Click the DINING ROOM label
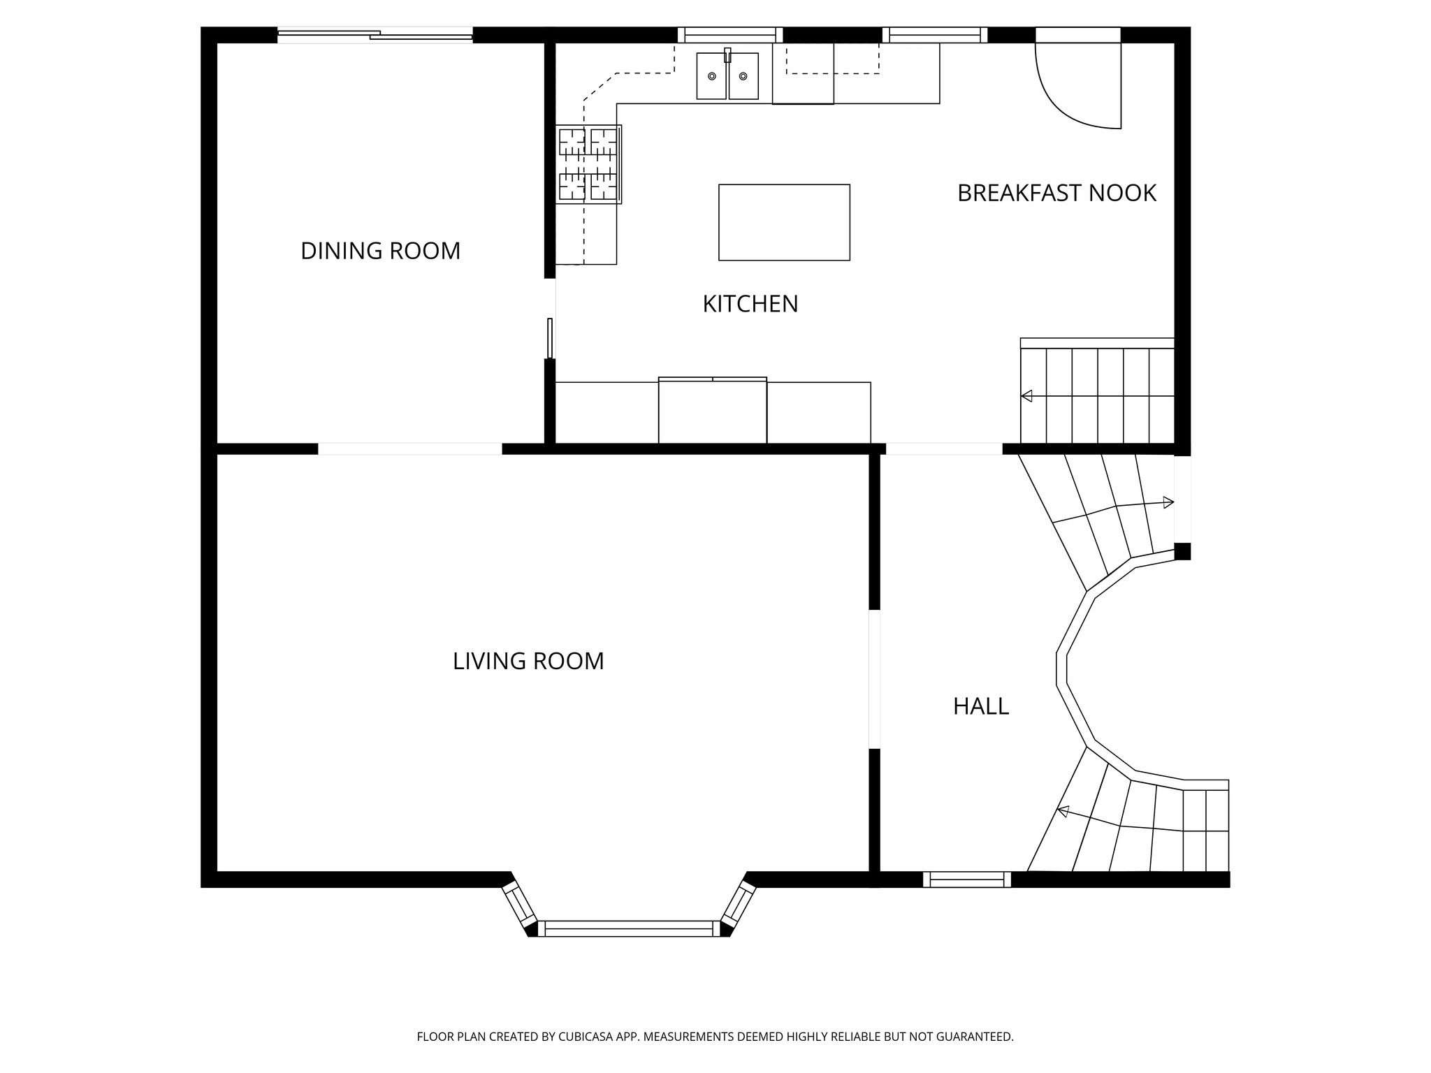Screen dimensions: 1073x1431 (380, 251)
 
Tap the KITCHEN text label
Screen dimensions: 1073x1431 (750, 304)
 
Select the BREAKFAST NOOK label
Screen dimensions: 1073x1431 (1056, 194)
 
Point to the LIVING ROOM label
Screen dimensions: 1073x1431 (528, 661)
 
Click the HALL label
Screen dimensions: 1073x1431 (980, 707)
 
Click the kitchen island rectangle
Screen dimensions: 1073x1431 (784, 222)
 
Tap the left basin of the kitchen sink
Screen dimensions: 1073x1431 (711, 76)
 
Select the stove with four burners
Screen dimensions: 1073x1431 (588, 164)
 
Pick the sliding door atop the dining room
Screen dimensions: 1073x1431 (375, 34)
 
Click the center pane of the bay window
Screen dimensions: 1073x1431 (628, 928)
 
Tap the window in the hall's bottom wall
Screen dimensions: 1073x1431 (966, 879)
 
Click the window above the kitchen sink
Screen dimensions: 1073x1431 (730, 35)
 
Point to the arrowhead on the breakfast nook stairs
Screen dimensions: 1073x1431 (1026, 396)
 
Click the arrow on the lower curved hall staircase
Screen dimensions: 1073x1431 (1063, 811)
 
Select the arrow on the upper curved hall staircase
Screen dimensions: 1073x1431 (1168, 502)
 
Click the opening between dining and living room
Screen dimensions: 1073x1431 (409, 448)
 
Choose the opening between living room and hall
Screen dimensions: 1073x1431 (874, 679)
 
